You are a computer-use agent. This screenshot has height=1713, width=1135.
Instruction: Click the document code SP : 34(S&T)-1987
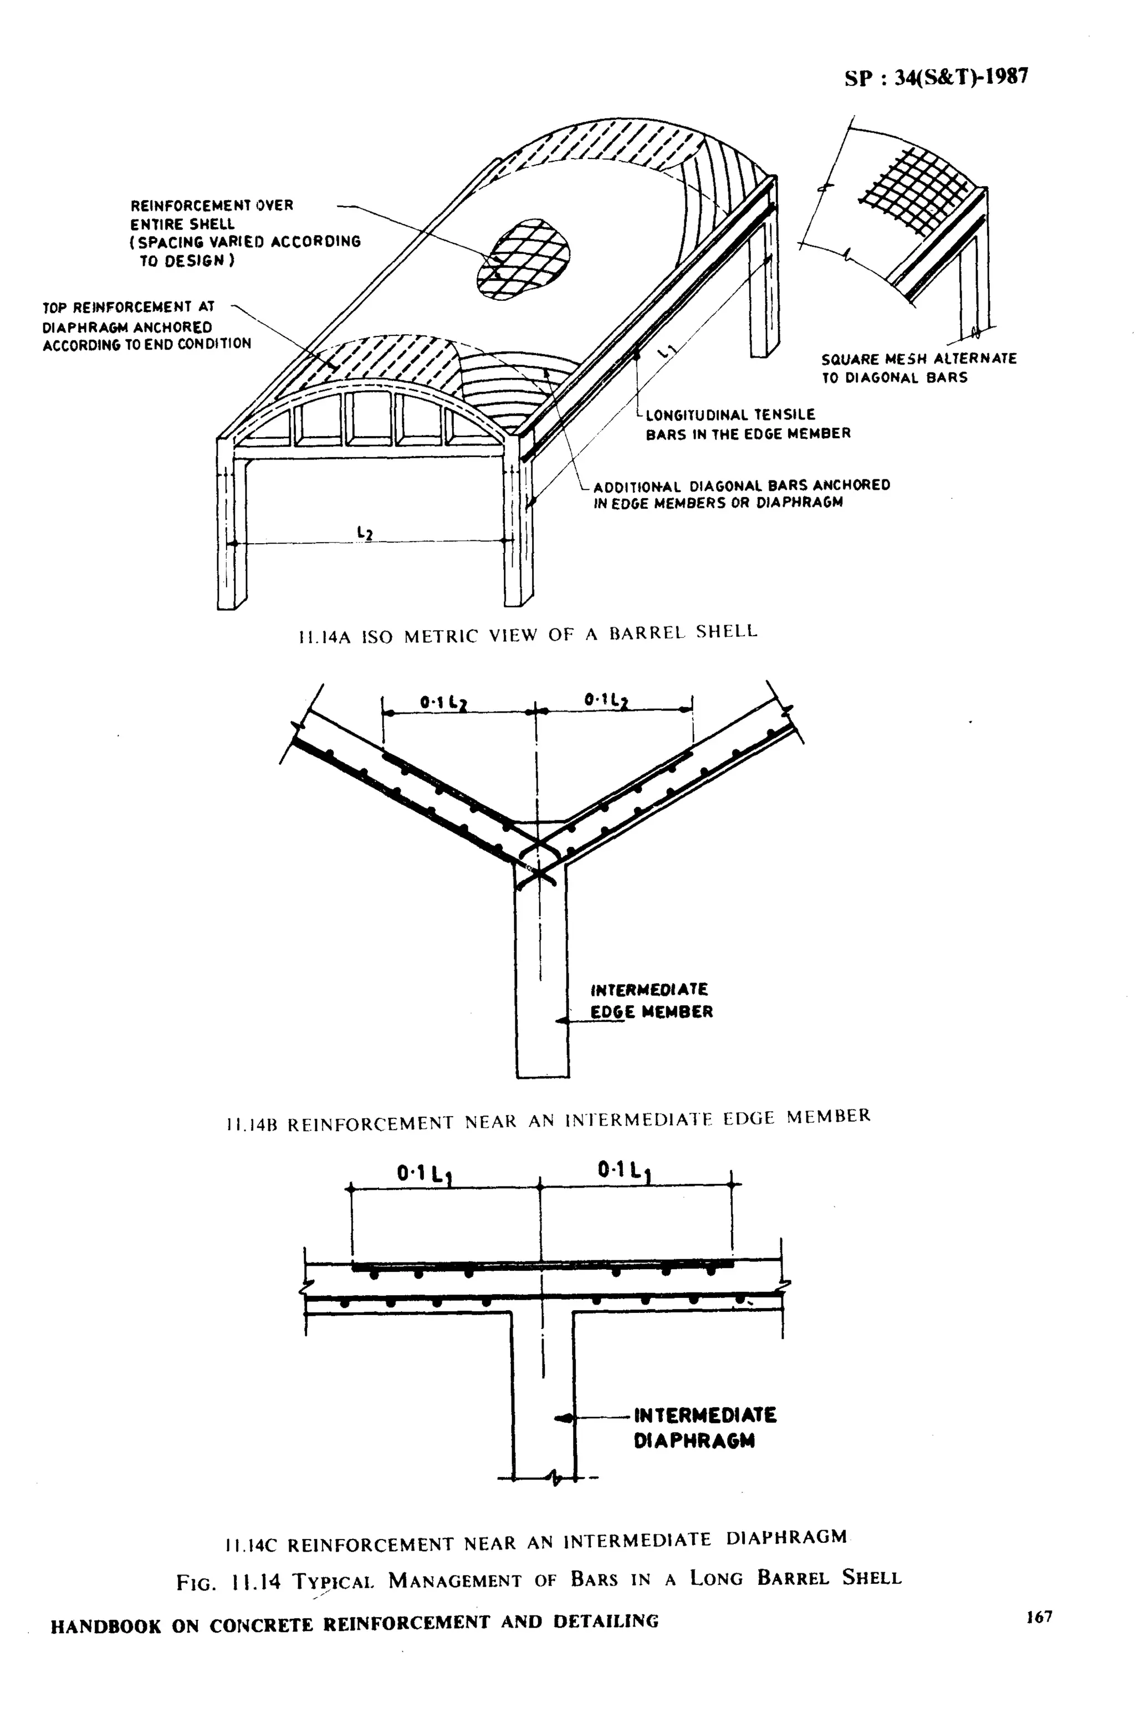tap(935, 78)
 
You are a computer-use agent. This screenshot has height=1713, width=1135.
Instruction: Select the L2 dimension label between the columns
tap(365, 533)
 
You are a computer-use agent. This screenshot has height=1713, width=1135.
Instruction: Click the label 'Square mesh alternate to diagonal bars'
tap(918, 367)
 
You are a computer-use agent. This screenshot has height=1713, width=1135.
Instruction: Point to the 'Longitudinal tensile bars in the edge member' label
tap(747, 424)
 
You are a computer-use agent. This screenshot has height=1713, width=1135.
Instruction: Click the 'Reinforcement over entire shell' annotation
tap(244, 232)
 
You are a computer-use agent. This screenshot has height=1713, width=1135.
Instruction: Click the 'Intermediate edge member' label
tap(651, 1000)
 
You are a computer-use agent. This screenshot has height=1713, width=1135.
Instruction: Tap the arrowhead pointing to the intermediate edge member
tap(560, 1020)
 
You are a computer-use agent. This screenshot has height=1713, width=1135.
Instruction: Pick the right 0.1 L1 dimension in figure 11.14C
tap(625, 1171)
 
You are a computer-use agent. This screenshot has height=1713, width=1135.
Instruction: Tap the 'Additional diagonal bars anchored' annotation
tap(740, 494)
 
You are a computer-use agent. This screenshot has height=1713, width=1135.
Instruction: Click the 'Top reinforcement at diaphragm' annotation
tap(146, 326)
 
